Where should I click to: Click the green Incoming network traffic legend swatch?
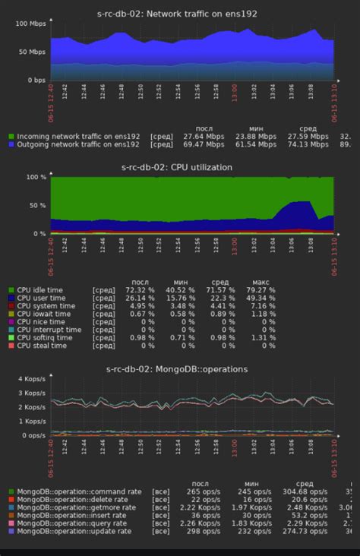(11, 136)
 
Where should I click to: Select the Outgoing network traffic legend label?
(78, 144)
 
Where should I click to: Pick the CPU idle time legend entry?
(43, 290)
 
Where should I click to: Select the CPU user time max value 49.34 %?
(258, 298)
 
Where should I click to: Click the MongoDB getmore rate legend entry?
(77, 507)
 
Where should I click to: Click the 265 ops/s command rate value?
(205, 491)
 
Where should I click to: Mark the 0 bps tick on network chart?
(36, 80)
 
